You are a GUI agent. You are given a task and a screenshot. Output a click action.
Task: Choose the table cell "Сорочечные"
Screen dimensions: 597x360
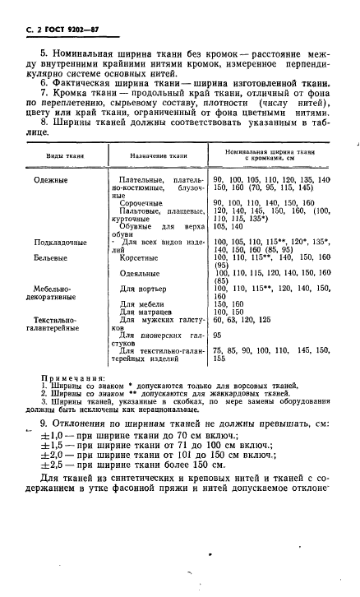[144, 202]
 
